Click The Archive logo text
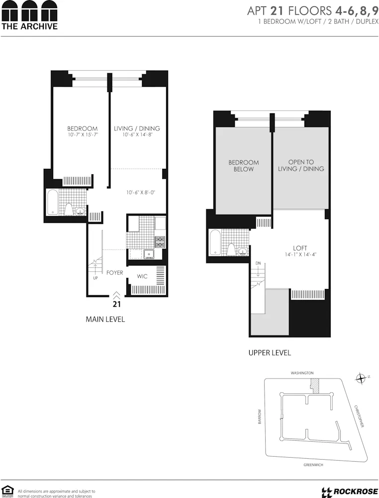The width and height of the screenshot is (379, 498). tap(29, 26)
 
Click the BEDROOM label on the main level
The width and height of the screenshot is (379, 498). tap(82, 128)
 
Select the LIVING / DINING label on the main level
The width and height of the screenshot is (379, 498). tap(137, 128)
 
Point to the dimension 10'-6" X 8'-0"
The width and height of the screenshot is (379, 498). tap(141, 192)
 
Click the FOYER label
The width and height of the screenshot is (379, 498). tap(114, 273)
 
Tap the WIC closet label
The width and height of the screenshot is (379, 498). tap(142, 276)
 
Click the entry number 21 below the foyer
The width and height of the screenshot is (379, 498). tap(117, 303)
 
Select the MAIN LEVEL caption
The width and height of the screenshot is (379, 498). tap(105, 319)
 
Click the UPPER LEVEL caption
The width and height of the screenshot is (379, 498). tap(270, 353)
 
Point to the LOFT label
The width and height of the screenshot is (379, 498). tap(300, 248)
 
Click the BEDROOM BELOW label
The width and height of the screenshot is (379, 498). tap(244, 166)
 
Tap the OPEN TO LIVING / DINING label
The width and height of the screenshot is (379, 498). tap(301, 165)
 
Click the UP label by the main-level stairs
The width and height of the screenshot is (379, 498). tap(95, 278)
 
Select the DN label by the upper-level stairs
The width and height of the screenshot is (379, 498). tap(258, 263)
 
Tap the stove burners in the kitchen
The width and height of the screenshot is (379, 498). tap(160, 243)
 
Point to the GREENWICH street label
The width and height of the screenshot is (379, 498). tap(313, 465)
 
